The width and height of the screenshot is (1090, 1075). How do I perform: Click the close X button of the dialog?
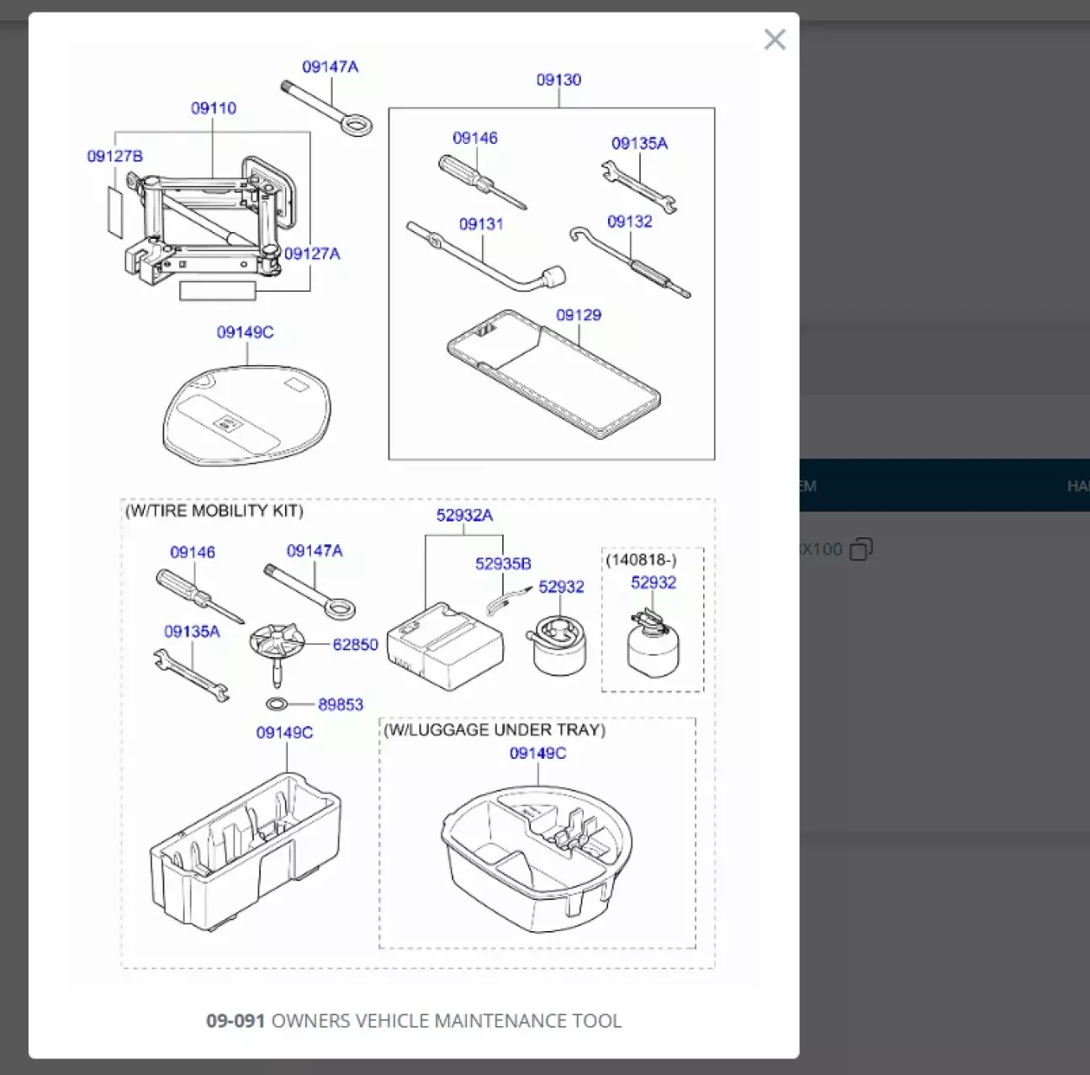point(775,40)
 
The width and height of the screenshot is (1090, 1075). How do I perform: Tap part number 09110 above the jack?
point(214,109)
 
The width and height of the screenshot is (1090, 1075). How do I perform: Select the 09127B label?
point(115,156)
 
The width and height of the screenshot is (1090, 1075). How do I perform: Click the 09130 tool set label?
point(558,80)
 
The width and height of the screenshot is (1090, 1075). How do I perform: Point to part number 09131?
point(481,225)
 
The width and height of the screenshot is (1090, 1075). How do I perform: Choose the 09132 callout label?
point(630,222)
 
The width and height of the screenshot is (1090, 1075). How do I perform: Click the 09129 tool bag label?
point(579,315)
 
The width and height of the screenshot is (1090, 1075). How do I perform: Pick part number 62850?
point(355,645)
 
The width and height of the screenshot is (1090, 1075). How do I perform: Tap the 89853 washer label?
point(341,705)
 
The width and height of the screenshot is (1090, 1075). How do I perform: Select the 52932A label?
point(464,516)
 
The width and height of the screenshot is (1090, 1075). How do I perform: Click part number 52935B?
point(503,564)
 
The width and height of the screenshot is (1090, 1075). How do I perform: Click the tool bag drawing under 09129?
point(551,370)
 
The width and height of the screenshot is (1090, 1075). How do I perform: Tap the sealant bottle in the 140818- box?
point(653,643)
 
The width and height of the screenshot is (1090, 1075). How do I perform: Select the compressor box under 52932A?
point(445,646)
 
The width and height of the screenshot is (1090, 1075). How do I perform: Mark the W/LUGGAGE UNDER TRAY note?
point(495,730)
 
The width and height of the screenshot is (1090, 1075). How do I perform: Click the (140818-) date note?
point(641,560)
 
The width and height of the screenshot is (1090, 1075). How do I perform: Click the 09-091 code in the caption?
point(235,1021)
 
